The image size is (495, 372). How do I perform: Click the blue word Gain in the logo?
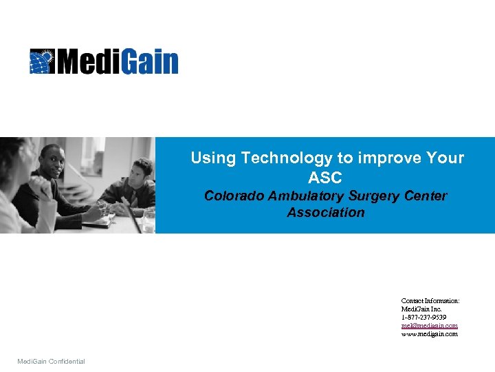coord(151,61)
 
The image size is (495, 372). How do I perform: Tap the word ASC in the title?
coord(325,178)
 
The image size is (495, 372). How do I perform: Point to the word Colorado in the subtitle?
coord(233,196)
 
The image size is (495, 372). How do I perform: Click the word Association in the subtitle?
coord(326,213)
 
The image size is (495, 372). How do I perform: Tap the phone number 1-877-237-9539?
coord(423,318)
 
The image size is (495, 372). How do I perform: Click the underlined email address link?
coord(429,326)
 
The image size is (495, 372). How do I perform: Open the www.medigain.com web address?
coord(429,334)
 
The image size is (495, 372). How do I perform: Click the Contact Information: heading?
coord(430,301)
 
